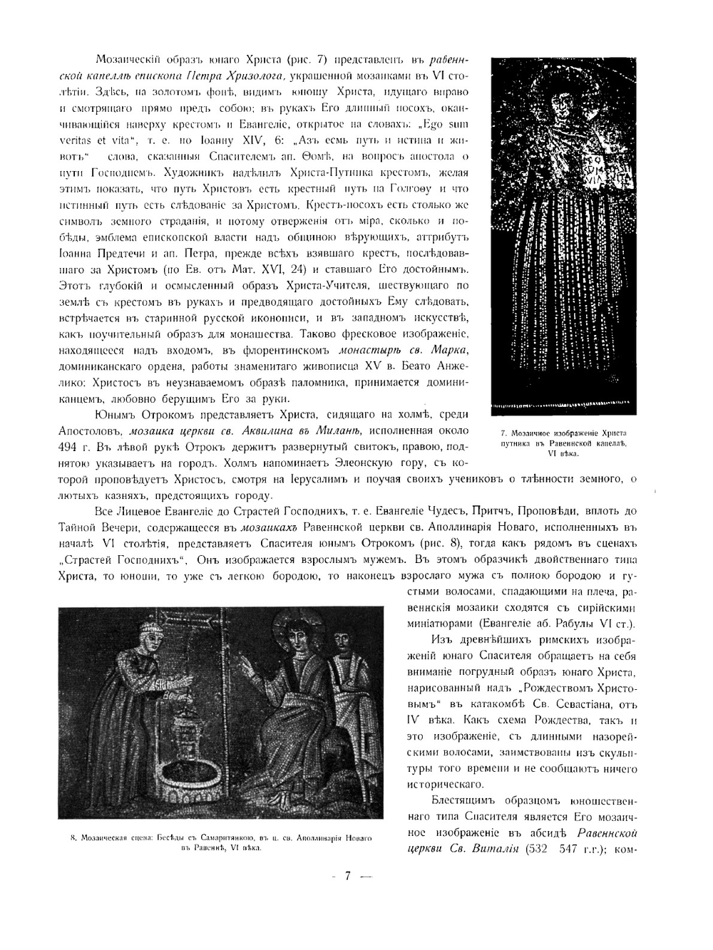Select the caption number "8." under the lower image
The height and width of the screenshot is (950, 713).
coord(73,839)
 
